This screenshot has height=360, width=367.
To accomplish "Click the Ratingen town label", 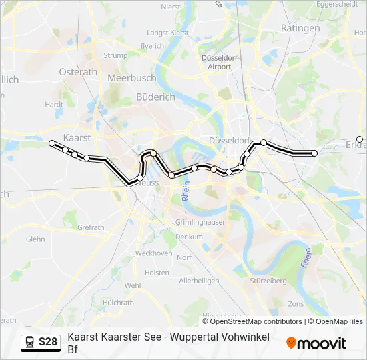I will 301,28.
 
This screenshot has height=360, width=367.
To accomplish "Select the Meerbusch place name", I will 131,78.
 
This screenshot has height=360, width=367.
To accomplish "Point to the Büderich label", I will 155,97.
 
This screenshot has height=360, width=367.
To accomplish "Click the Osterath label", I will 78,72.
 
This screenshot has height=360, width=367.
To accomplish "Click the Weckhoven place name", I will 153,253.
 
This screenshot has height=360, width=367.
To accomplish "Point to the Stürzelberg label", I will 269,281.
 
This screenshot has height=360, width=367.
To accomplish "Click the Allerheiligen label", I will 199,281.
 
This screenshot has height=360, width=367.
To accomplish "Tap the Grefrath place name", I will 91,227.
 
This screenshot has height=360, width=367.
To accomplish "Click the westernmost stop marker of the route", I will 52,143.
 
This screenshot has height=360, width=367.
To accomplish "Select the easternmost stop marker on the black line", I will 314,153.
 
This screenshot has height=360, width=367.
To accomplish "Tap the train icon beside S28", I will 30,342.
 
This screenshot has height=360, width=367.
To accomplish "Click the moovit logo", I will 316,343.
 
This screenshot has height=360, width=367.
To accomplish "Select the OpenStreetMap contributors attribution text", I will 256,321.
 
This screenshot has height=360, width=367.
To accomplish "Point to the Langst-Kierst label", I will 168,32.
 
